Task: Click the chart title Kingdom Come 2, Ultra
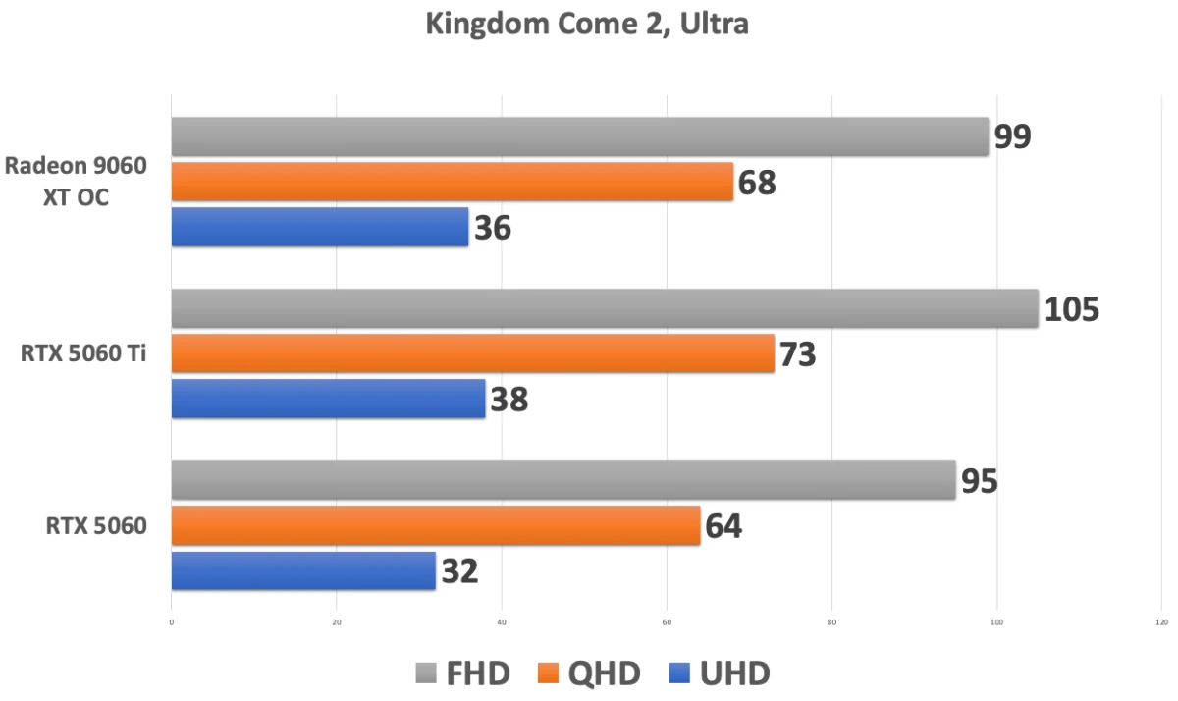pyautogui.click(x=587, y=25)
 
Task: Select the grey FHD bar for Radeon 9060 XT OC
pyautogui.click(x=579, y=136)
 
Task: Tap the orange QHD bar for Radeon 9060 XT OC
pyautogui.click(x=453, y=182)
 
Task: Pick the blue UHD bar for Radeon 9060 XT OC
pyautogui.click(x=320, y=227)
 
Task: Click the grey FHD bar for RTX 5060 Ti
pyautogui.click(x=605, y=308)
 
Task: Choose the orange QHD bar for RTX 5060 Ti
pyautogui.click(x=473, y=353)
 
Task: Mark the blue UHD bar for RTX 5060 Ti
pyautogui.click(x=329, y=399)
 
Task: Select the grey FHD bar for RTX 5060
pyautogui.click(x=563, y=480)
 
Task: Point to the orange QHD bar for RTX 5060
pyautogui.click(x=436, y=525)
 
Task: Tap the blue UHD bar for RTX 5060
pyautogui.click(x=303, y=570)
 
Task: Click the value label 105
pyautogui.click(x=1072, y=309)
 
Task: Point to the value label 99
pyautogui.click(x=1012, y=137)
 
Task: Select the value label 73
pyautogui.click(x=797, y=354)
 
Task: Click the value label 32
pyautogui.click(x=459, y=571)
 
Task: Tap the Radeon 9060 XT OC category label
pyautogui.click(x=76, y=182)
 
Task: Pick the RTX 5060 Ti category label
pyautogui.click(x=83, y=353)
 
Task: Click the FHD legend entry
pyautogui.click(x=462, y=674)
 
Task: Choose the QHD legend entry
pyautogui.click(x=589, y=674)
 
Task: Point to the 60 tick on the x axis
pyautogui.click(x=667, y=621)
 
